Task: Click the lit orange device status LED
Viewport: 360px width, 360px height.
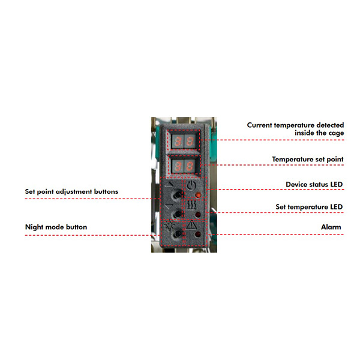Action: [x=198, y=195]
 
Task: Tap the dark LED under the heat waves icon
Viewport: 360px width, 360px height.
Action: [x=197, y=215]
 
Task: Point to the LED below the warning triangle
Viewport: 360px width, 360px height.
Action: [x=197, y=235]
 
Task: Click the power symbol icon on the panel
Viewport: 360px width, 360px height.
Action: [x=191, y=185]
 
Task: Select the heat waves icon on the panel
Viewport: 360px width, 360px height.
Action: [x=191, y=205]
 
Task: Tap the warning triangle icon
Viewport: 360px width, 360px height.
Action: [x=191, y=225]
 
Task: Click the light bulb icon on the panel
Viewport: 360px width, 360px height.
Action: [x=170, y=226]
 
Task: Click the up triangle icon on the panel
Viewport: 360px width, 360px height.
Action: [x=169, y=206]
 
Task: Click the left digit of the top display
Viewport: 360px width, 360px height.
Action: [x=178, y=141]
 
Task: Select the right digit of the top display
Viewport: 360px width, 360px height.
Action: [x=190, y=141]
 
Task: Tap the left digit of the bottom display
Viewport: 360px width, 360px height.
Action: [x=178, y=166]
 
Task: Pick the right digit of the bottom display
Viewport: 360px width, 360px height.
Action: [x=190, y=166]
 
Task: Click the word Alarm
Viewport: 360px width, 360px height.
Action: [x=331, y=227]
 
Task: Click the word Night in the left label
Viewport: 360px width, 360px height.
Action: [x=34, y=227]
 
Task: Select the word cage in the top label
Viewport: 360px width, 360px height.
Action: [x=335, y=133]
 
